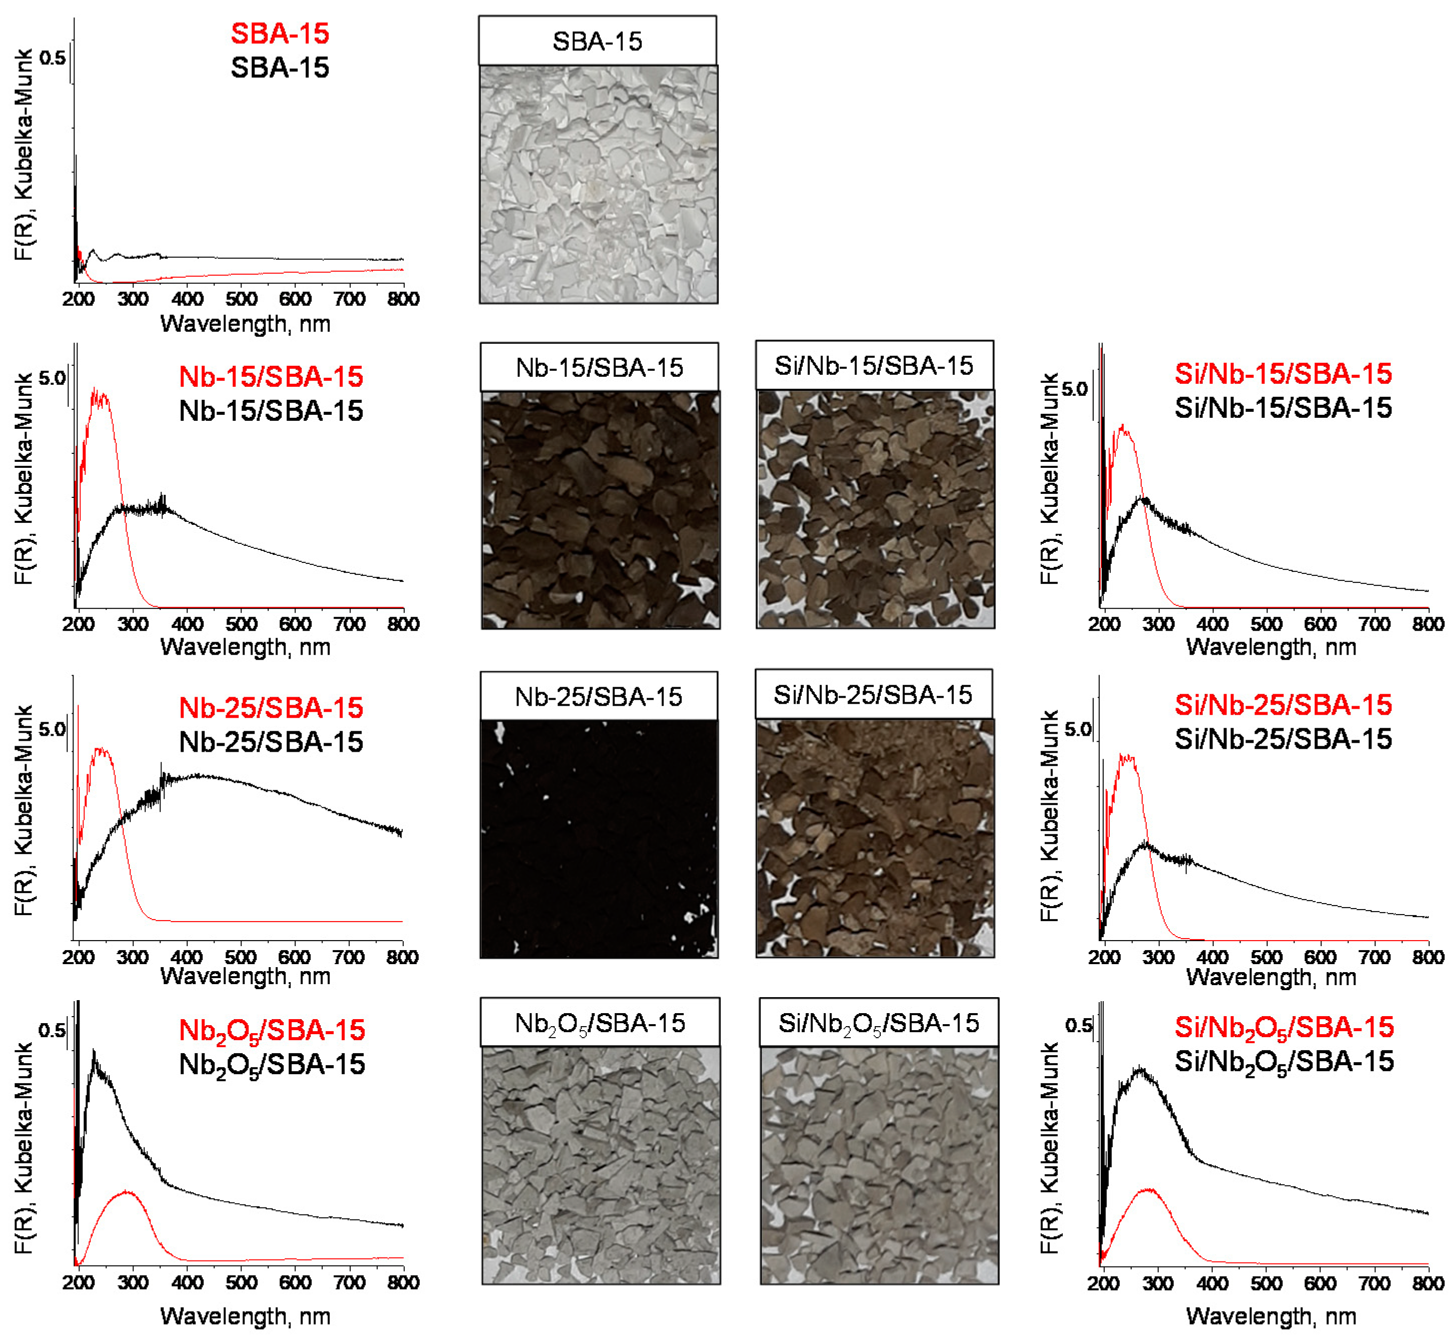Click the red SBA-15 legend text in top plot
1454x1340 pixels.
280,33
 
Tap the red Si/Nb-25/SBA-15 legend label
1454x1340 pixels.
1283,705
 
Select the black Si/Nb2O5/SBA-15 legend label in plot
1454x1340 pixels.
1284,1062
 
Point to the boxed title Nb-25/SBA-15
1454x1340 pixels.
598,697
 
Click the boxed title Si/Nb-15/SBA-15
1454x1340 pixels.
873,366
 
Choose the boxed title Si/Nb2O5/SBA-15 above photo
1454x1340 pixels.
878,1023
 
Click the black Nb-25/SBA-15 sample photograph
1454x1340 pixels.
599,839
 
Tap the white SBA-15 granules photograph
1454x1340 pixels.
598,184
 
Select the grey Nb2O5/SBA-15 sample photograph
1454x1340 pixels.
600,1165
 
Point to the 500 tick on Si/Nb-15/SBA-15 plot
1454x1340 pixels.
1266,624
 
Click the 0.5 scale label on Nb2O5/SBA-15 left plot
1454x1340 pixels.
51,1031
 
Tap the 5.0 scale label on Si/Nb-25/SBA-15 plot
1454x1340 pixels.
1078,729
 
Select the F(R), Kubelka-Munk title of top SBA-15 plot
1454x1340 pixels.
24,154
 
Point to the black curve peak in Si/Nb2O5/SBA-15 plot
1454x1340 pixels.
1141,1069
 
